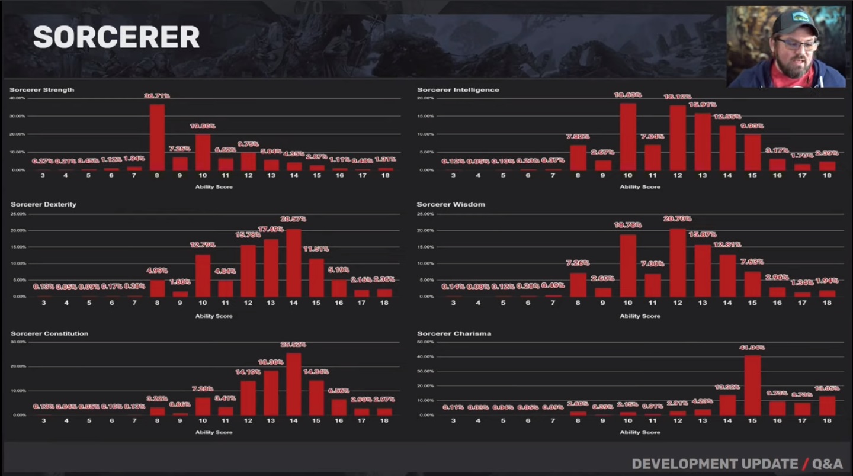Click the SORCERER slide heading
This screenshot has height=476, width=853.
[x=116, y=37]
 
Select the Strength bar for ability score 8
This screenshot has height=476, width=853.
[x=157, y=137]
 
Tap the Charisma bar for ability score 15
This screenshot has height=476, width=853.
[x=752, y=385]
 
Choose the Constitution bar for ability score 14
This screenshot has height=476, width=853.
[x=294, y=384]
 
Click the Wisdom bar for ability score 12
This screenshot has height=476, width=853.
[x=678, y=262]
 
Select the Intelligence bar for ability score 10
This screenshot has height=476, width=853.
[x=628, y=136]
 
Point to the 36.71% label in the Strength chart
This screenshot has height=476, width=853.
[x=157, y=95]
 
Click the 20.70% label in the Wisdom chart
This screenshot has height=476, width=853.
[x=678, y=219]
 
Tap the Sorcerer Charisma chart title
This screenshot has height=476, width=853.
[x=454, y=333]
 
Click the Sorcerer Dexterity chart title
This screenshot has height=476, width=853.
[x=43, y=204]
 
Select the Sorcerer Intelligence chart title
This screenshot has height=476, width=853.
[x=458, y=90]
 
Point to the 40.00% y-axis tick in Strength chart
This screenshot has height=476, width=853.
[x=17, y=98]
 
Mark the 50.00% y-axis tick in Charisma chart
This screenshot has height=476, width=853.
[x=425, y=342]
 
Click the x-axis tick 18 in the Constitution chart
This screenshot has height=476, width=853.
[x=384, y=421]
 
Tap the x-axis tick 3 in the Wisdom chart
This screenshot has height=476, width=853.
[x=453, y=303]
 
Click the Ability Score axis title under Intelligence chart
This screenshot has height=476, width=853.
[x=640, y=187]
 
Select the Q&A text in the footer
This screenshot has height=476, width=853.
[x=827, y=464]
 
